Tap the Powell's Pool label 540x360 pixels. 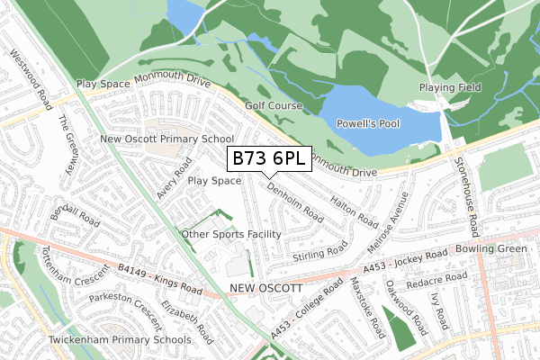click(x=367, y=123)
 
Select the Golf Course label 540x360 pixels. click(x=274, y=105)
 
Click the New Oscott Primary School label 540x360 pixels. click(x=166, y=139)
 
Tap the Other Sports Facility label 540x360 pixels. click(x=231, y=235)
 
